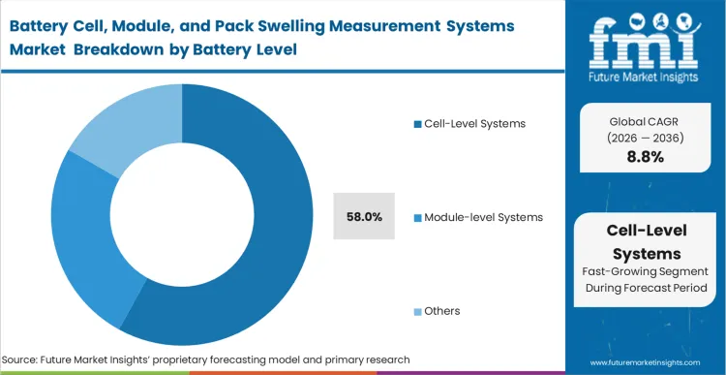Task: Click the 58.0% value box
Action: click(x=363, y=216)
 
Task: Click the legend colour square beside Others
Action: click(x=417, y=311)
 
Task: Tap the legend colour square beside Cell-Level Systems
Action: click(x=417, y=124)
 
